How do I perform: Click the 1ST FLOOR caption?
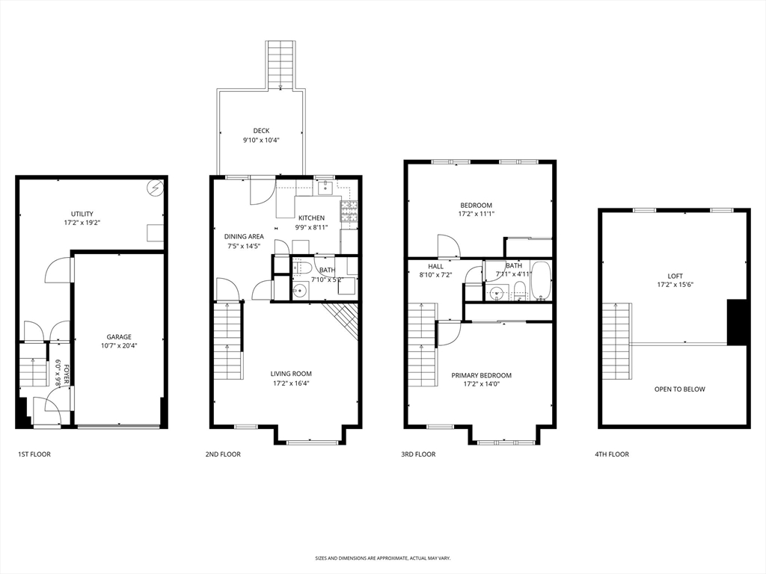(34, 454)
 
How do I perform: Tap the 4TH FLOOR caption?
(612, 454)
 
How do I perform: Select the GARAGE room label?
(119, 337)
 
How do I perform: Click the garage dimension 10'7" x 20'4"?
(119, 345)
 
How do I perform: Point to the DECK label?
(261, 131)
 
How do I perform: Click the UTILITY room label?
(82, 214)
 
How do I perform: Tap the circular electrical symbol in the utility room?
(156, 188)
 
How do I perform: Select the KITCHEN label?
(311, 218)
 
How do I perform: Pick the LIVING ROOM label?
(291, 374)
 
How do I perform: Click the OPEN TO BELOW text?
(679, 389)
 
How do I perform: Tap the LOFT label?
(675, 276)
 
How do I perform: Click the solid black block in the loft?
(737, 322)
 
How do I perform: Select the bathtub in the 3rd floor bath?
(541, 281)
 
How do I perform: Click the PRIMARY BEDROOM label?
(481, 375)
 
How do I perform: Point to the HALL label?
(436, 267)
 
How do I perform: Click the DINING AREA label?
(244, 237)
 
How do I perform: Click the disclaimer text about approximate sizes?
(383, 558)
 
